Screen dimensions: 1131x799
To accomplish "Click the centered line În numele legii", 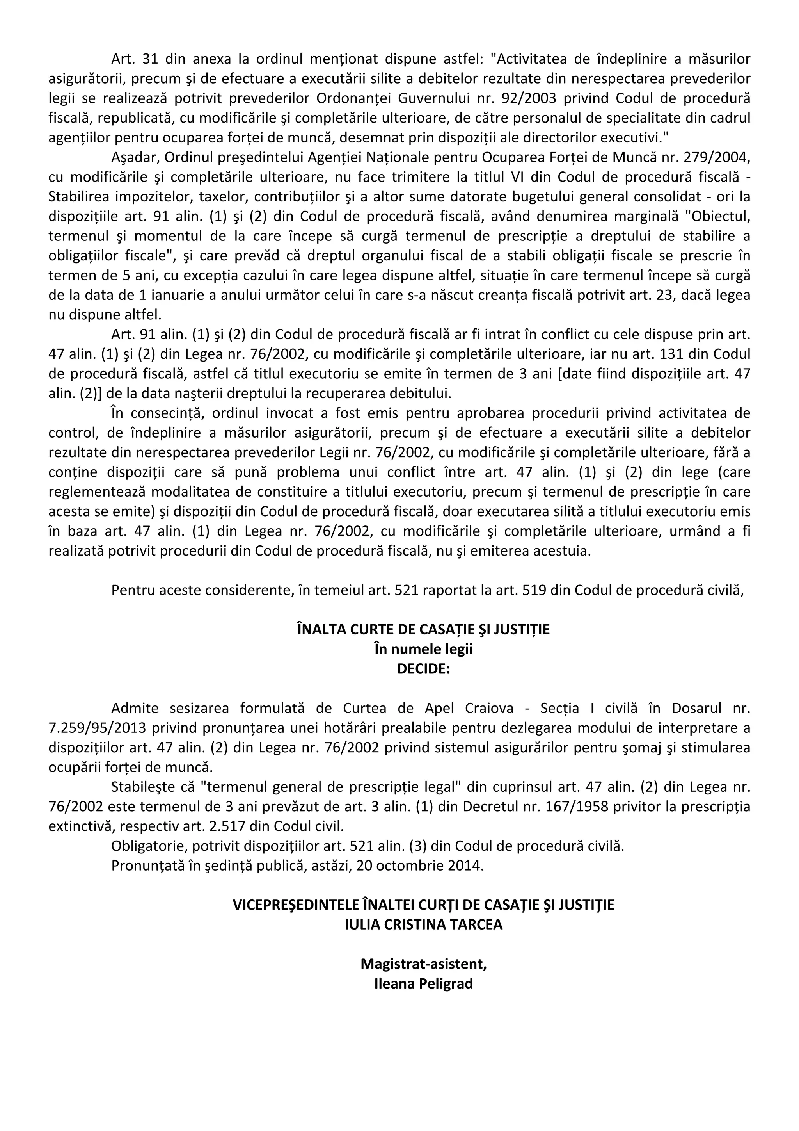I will [x=423, y=649].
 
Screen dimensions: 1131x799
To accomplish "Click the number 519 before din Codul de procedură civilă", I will [x=536, y=590].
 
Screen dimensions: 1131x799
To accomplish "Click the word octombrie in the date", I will [x=410, y=866].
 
